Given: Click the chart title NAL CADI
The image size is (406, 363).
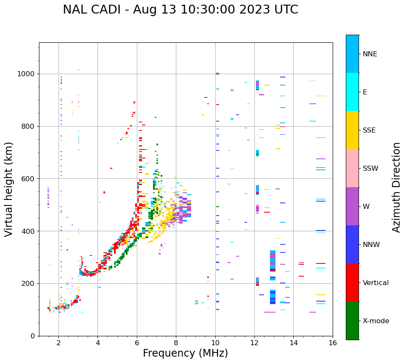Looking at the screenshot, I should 180,10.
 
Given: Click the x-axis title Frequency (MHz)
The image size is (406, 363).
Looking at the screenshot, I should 185,353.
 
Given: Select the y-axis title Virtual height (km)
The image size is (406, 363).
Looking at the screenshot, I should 9,189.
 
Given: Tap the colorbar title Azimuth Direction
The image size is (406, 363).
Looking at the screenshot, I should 396,187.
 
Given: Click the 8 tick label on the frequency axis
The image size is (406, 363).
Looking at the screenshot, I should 176,343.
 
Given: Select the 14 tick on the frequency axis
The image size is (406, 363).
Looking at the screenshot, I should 294,343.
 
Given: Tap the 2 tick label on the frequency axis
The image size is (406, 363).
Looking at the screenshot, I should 58,343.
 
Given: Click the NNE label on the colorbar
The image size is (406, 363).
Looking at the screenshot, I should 370,54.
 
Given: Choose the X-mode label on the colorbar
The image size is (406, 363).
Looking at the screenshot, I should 375,321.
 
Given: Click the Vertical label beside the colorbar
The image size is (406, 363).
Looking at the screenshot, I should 375,283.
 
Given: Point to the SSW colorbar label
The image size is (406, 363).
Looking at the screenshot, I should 370,169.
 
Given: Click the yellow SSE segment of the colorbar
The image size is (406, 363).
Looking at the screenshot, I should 352,130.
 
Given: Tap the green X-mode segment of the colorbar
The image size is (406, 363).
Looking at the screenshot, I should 352,321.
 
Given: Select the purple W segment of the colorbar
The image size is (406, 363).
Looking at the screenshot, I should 352,206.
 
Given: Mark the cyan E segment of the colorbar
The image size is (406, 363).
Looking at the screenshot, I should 352,92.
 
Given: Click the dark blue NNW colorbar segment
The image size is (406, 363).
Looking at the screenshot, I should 352,244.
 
